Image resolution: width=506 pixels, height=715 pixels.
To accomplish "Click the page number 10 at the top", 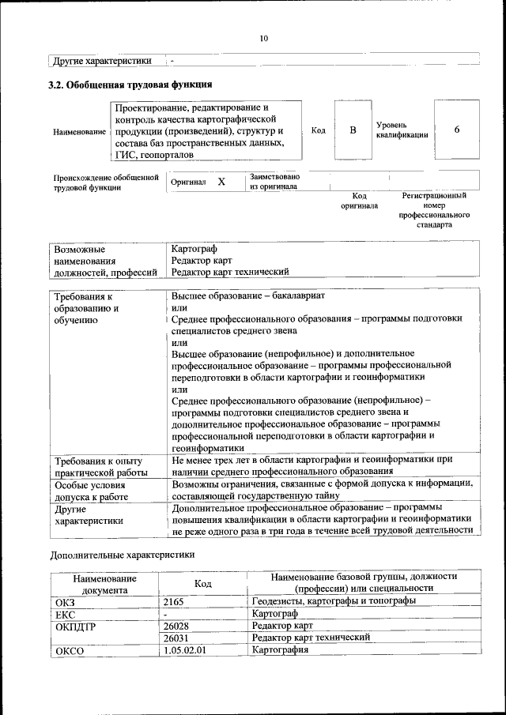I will tap(264, 38).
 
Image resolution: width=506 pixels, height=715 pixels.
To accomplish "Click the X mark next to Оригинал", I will tap(221, 182).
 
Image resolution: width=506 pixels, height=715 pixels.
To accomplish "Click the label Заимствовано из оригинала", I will tap(274, 182).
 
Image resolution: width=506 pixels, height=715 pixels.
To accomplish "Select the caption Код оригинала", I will tap(359, 201).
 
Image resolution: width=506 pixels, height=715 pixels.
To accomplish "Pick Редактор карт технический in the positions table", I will tap(229, 271).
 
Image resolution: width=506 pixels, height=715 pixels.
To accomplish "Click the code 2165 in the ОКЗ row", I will tap(174, 601).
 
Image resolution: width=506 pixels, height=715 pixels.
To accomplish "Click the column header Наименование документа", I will tap(104, 584).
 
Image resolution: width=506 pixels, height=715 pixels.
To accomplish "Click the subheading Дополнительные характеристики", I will tap(122, 555).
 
